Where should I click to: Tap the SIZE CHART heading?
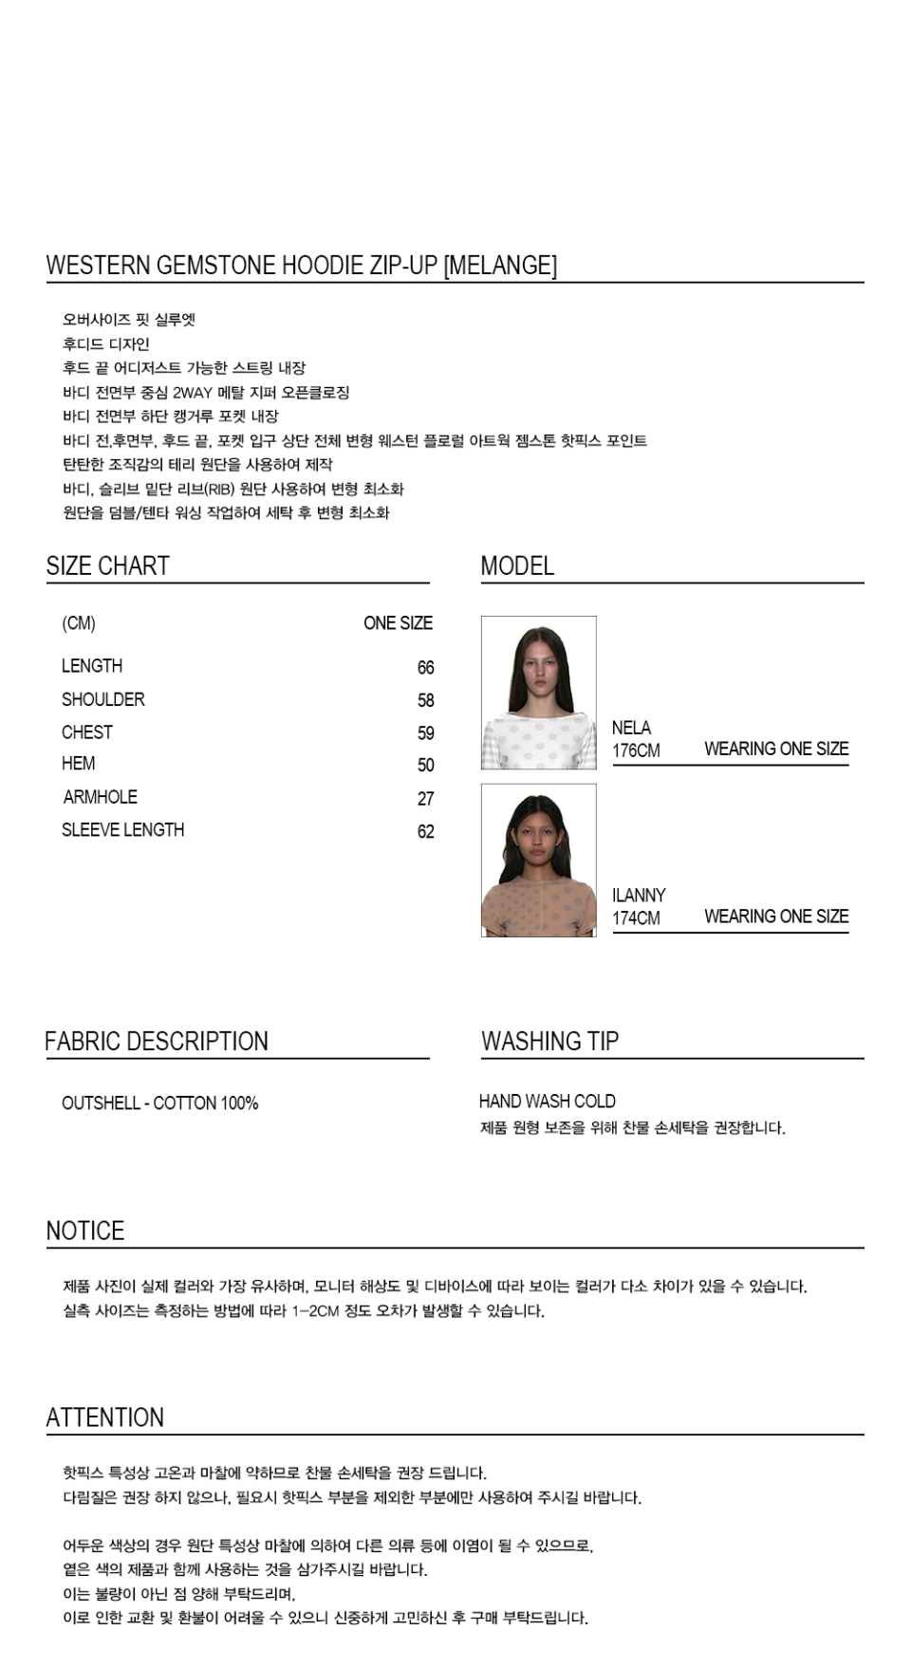pyautogui.click(x=107, y=566)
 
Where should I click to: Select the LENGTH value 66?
pyautogui.click(x=425, y=668)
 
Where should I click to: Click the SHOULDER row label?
pyautogui.click(x=102, y=700)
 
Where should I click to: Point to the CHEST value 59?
pyautogui.click(x=425, y=733)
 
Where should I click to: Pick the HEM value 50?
pyautogui.click(x=425, y=766)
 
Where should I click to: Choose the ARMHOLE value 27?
pyautogui.click(x=425, y=799)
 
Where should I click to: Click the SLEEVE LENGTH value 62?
pyautogui.click(x=425, y=832)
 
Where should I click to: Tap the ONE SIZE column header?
pyautogui.click(x=398, y=623)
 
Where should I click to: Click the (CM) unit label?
pyautogui.click(x=79, y=623)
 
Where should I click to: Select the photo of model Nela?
pyautogui.click(x=538, y=693)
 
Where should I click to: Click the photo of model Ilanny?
pyautogui.click(x=538, y=861)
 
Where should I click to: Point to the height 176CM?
pyautogui.click(x=636, y=750)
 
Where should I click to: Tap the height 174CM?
pyautogui.click(x=636, y=918)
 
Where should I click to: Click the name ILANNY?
pyautogui.click(x=639, y=896)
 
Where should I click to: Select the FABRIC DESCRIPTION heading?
pyautogui.click(x=157, y=1042)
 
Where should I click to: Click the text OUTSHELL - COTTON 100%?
pyautogui.click(x=159, y=1103)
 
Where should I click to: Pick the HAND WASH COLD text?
pyautogui.click(x=547, y=1102)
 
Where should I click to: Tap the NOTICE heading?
pyautogui.click(x=85, y=1232)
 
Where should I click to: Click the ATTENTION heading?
pyautogui.click(x=104, y=1418)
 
